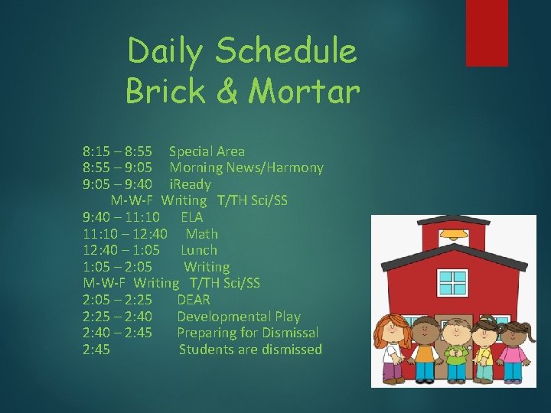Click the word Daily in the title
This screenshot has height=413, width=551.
click(166, 52)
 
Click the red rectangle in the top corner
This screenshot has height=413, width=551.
click(487, 32)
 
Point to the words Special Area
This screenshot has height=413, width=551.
click(207, 151)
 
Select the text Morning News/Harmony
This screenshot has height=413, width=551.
click(246, 167)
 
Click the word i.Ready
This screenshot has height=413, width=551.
click(190, 184)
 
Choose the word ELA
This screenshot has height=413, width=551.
click(192, 217)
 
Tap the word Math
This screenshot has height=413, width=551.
click(202, 234)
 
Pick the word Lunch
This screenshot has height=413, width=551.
click(199, 250)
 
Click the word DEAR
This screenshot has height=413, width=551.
click(194, 300)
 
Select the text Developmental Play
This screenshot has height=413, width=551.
click(239, 317)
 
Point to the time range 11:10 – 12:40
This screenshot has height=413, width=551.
click(126, 234)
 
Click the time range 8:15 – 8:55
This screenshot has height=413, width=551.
click(118, 151)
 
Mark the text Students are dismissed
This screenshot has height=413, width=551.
click(250, 350)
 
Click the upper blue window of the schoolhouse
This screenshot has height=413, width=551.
click(454, 281)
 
